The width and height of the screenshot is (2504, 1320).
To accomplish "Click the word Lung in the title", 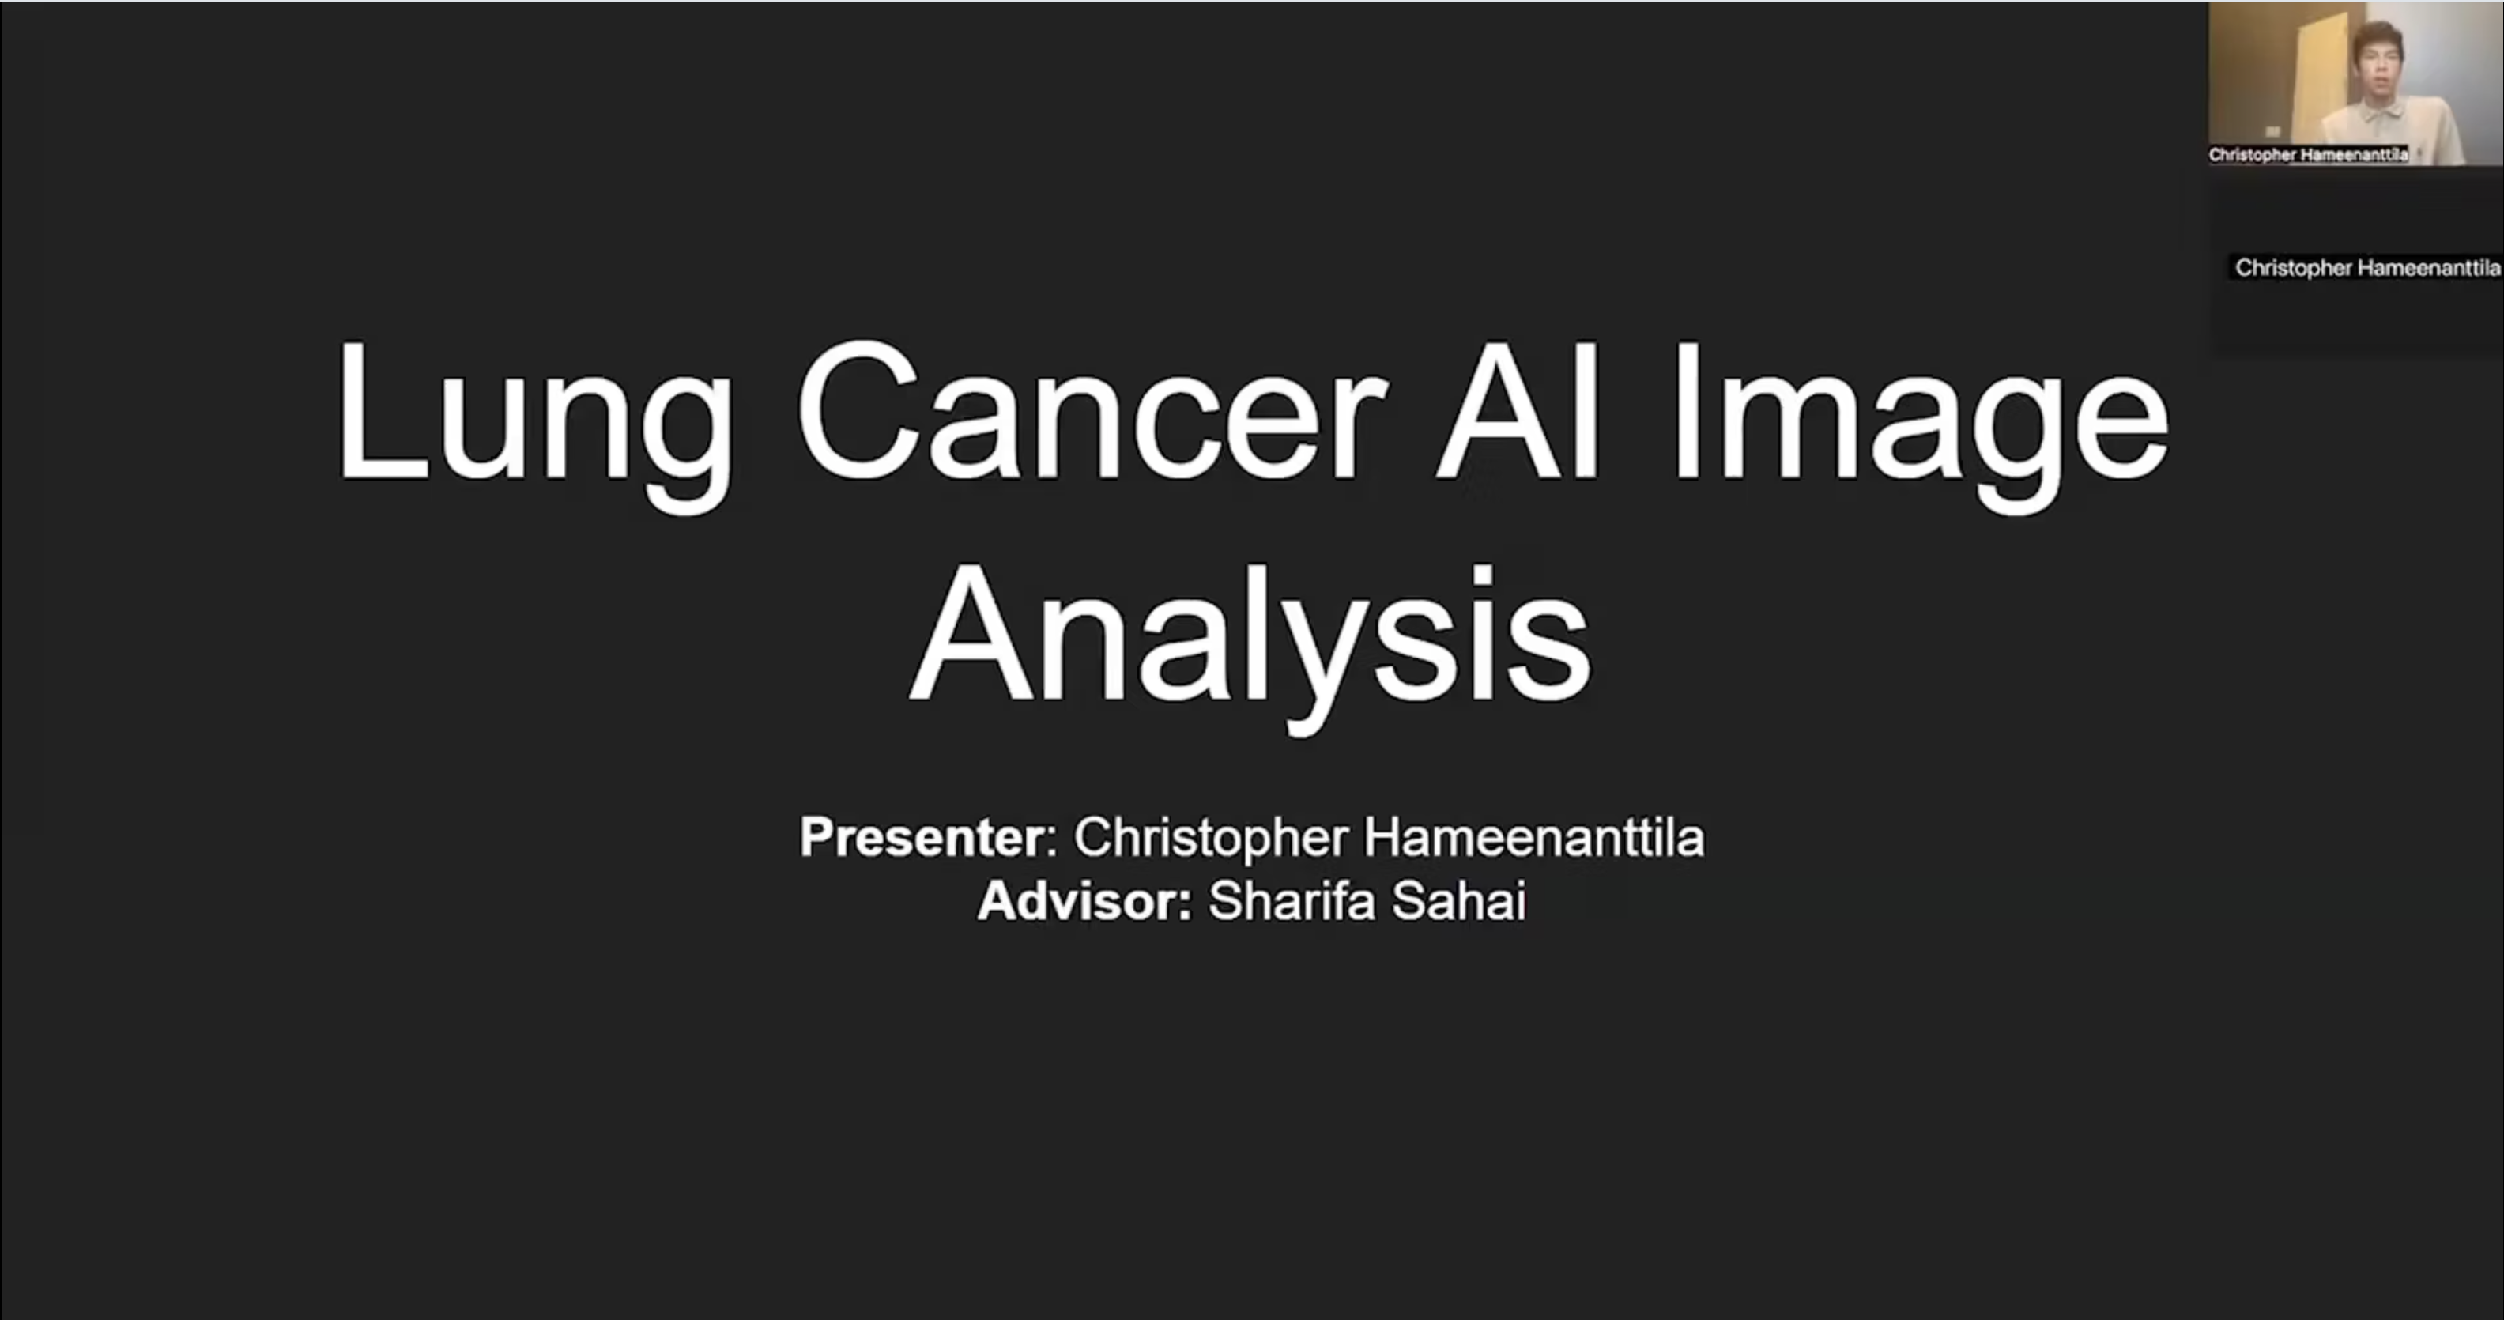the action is coord(534,424).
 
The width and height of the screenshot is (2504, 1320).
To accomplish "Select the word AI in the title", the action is coord(1517,410).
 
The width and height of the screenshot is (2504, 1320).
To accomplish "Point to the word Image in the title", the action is coord(1920,424).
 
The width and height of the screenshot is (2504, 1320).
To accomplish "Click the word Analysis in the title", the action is coord(1250,646).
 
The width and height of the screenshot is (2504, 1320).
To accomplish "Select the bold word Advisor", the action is coord(1084,901).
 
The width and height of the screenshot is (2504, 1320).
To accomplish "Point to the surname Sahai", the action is coord(1459,901).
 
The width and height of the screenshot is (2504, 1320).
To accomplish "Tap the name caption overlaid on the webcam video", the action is coord(2309,155).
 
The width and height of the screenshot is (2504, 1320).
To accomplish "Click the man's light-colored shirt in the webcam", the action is coord(2391,131).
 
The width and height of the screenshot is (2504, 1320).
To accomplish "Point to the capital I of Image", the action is coord(1687,410).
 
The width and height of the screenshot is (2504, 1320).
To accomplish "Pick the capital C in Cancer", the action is coord(858,410).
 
